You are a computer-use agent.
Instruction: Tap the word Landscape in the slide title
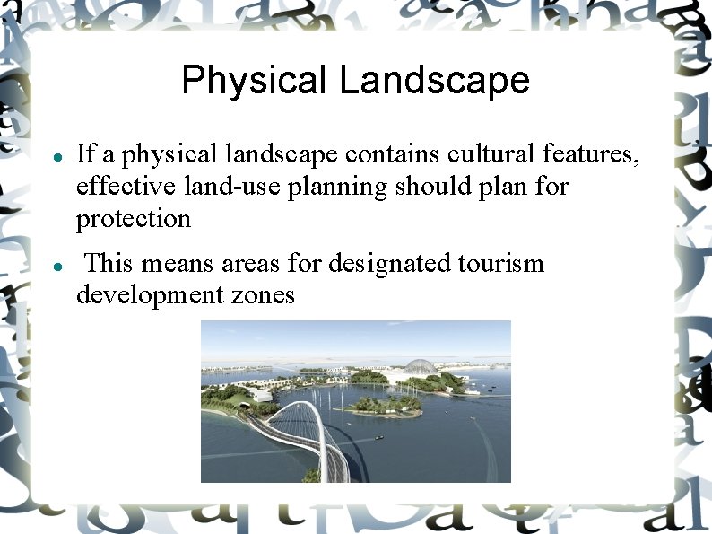coord(434,81)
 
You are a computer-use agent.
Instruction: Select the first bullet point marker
coord(56,156)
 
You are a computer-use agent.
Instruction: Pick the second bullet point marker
coord(56,266)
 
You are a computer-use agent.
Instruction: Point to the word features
coord(590,154)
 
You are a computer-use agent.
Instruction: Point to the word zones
coord(264,295)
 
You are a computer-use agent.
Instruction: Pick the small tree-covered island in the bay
coord(381,406)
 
